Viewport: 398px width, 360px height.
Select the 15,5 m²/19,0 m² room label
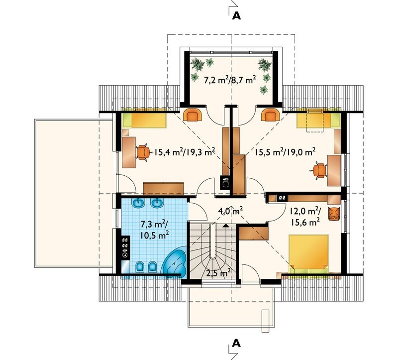click(x=285, y=152)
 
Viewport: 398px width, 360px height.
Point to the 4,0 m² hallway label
click(x=231, y=211)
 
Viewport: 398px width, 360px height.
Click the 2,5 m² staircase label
click(x=218, y=273)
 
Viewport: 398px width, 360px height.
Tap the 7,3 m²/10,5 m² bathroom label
click(x=155, y=230)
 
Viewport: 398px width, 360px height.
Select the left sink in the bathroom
click(x=138, y=203)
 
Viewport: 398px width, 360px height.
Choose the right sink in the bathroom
click(x=157, y=203)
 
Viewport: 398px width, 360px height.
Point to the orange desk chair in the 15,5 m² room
click(x=319, y=170)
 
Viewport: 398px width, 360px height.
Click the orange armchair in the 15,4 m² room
click(x=193, y=115)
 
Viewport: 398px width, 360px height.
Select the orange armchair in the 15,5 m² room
click(x=271, y=115)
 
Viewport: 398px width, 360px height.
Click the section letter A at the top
click(x=236, y=16)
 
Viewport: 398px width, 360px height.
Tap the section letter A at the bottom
click(x=236, y=343)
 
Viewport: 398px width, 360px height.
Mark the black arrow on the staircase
click(x=226, y=225)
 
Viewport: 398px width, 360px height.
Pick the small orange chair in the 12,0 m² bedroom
click(x=334, y=214)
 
